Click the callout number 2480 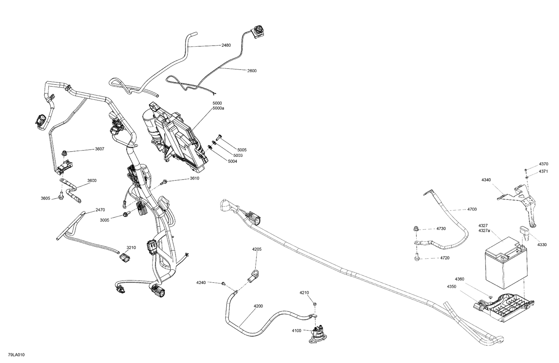[x=226, y=45]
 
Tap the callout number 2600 [x=252, y=71]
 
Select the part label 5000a [x=218, y=108]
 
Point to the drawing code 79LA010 [x=16, y=355]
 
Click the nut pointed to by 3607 [x=64, y=153]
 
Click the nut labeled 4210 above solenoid [x=315, y=304]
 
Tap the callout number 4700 [x=472, y=209]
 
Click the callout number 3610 [x=195, y=178]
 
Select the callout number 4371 [x=543, y=171]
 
